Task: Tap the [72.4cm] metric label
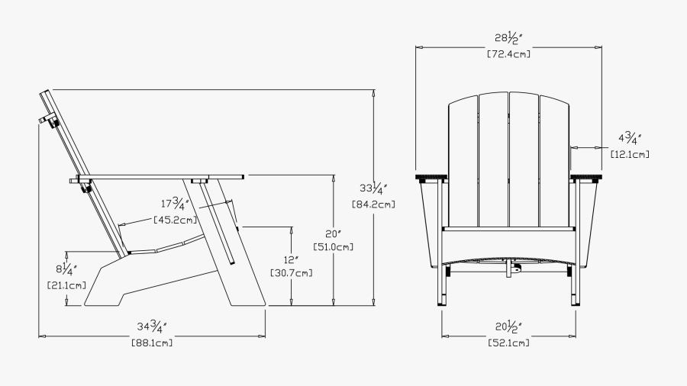pyautogui.click(x=508, y=54)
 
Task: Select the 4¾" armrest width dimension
pyautogui.click(x=630, y=138)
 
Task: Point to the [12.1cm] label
pyautogui.click(x=630, y=154)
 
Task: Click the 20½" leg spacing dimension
pyautogui.click(x=508, y=327)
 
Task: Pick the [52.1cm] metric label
pyautogui.click(x=508, y=343)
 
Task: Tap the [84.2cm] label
pyautogui.click(x=373, y=204)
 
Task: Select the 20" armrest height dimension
pyautogui.click(x=333, y=234)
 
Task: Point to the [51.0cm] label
pyautogui.click(x=333, y=247)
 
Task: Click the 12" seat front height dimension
pyautogui.click(x=291, y=259)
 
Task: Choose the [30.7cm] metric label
pyautogui.click(x=292, y=273)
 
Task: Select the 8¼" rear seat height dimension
pyautogui.click(x=66, y=269)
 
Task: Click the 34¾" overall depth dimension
pyautogui.click(x=152, y=326)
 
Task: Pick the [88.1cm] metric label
pyautogui.click(x=152, y=343)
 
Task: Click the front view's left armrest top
pyautogui.click(x=431, y=177)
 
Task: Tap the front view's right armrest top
pyautogui.click(x=586, y=177)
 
